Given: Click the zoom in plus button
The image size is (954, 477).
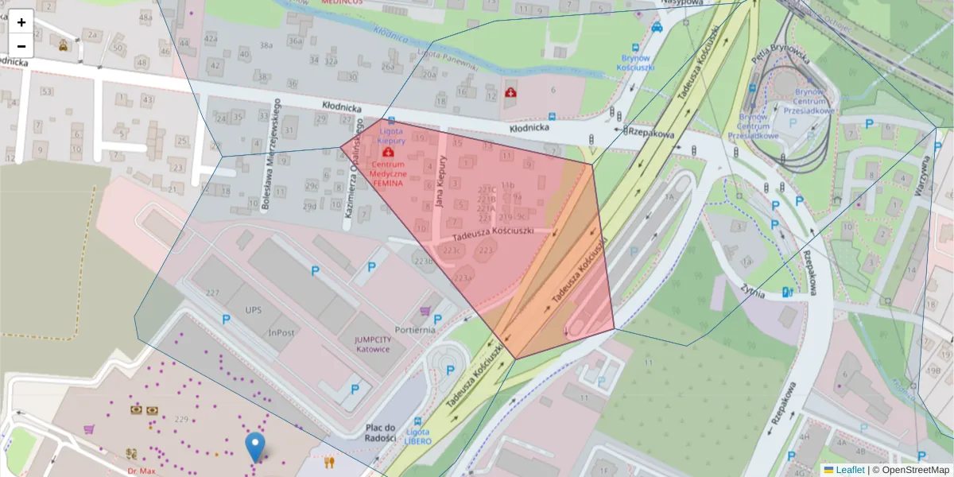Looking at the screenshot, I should (x=21, y=22).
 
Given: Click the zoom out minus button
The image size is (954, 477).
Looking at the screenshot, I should (x=21, y=46).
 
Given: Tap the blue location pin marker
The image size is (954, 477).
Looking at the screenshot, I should (x=255, y=448).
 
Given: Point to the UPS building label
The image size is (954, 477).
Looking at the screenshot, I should (x=254, y=309).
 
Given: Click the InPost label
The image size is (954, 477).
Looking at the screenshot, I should (x=284, y=332).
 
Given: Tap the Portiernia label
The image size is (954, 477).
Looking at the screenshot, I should (x=414, y=329).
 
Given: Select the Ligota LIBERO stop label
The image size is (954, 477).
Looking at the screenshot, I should (x=417, y=436).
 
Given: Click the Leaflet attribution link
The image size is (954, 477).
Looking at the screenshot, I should (x=850, y=470).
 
